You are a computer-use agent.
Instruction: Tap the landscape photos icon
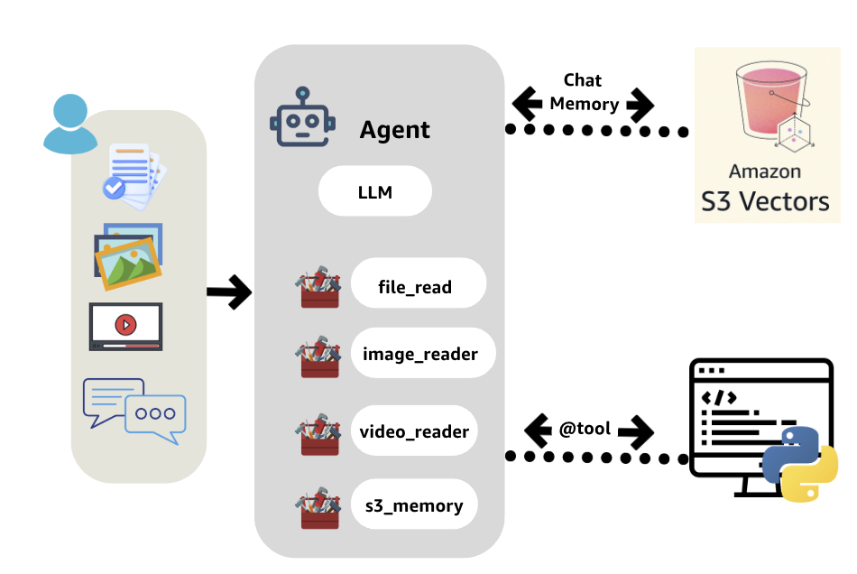[128, 255]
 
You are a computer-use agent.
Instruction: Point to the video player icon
[125, 326]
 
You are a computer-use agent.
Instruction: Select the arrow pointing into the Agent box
[229, 292]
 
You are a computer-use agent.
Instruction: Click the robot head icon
[302, 117]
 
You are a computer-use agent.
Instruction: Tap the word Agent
[395, 130]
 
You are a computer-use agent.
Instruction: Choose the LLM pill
[374, 191]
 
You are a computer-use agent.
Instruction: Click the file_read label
[415, 287]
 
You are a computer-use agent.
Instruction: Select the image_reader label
[420, 354]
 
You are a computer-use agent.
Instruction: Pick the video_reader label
[414, 430]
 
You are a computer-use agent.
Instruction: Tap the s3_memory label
[414, 505]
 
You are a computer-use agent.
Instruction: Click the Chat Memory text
[584, 92]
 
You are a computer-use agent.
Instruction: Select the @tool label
[585, 430]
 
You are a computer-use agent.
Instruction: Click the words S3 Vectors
[765, 199]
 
